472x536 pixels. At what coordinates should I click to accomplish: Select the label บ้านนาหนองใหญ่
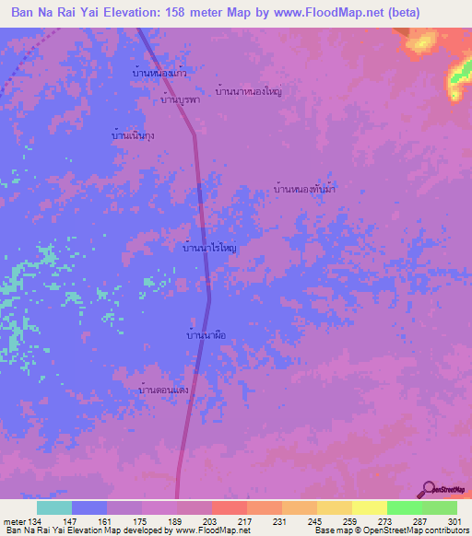[x=248, y=92]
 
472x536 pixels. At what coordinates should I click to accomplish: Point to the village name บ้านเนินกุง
[x=133, y=135]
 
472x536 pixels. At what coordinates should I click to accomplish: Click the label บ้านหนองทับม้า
[x=304, y=189]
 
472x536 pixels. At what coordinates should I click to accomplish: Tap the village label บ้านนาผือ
[x=206, y=336]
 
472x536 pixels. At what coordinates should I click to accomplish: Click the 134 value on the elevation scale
[x=36, y=521]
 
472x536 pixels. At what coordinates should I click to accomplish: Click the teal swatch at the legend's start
[x=54, y=507]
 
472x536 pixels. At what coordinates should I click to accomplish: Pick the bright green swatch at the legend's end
[x=439, y=507]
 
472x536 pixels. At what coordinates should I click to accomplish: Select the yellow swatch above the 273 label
[x=369, y=507]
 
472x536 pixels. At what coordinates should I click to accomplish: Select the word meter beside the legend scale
[x=13, y=521]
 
